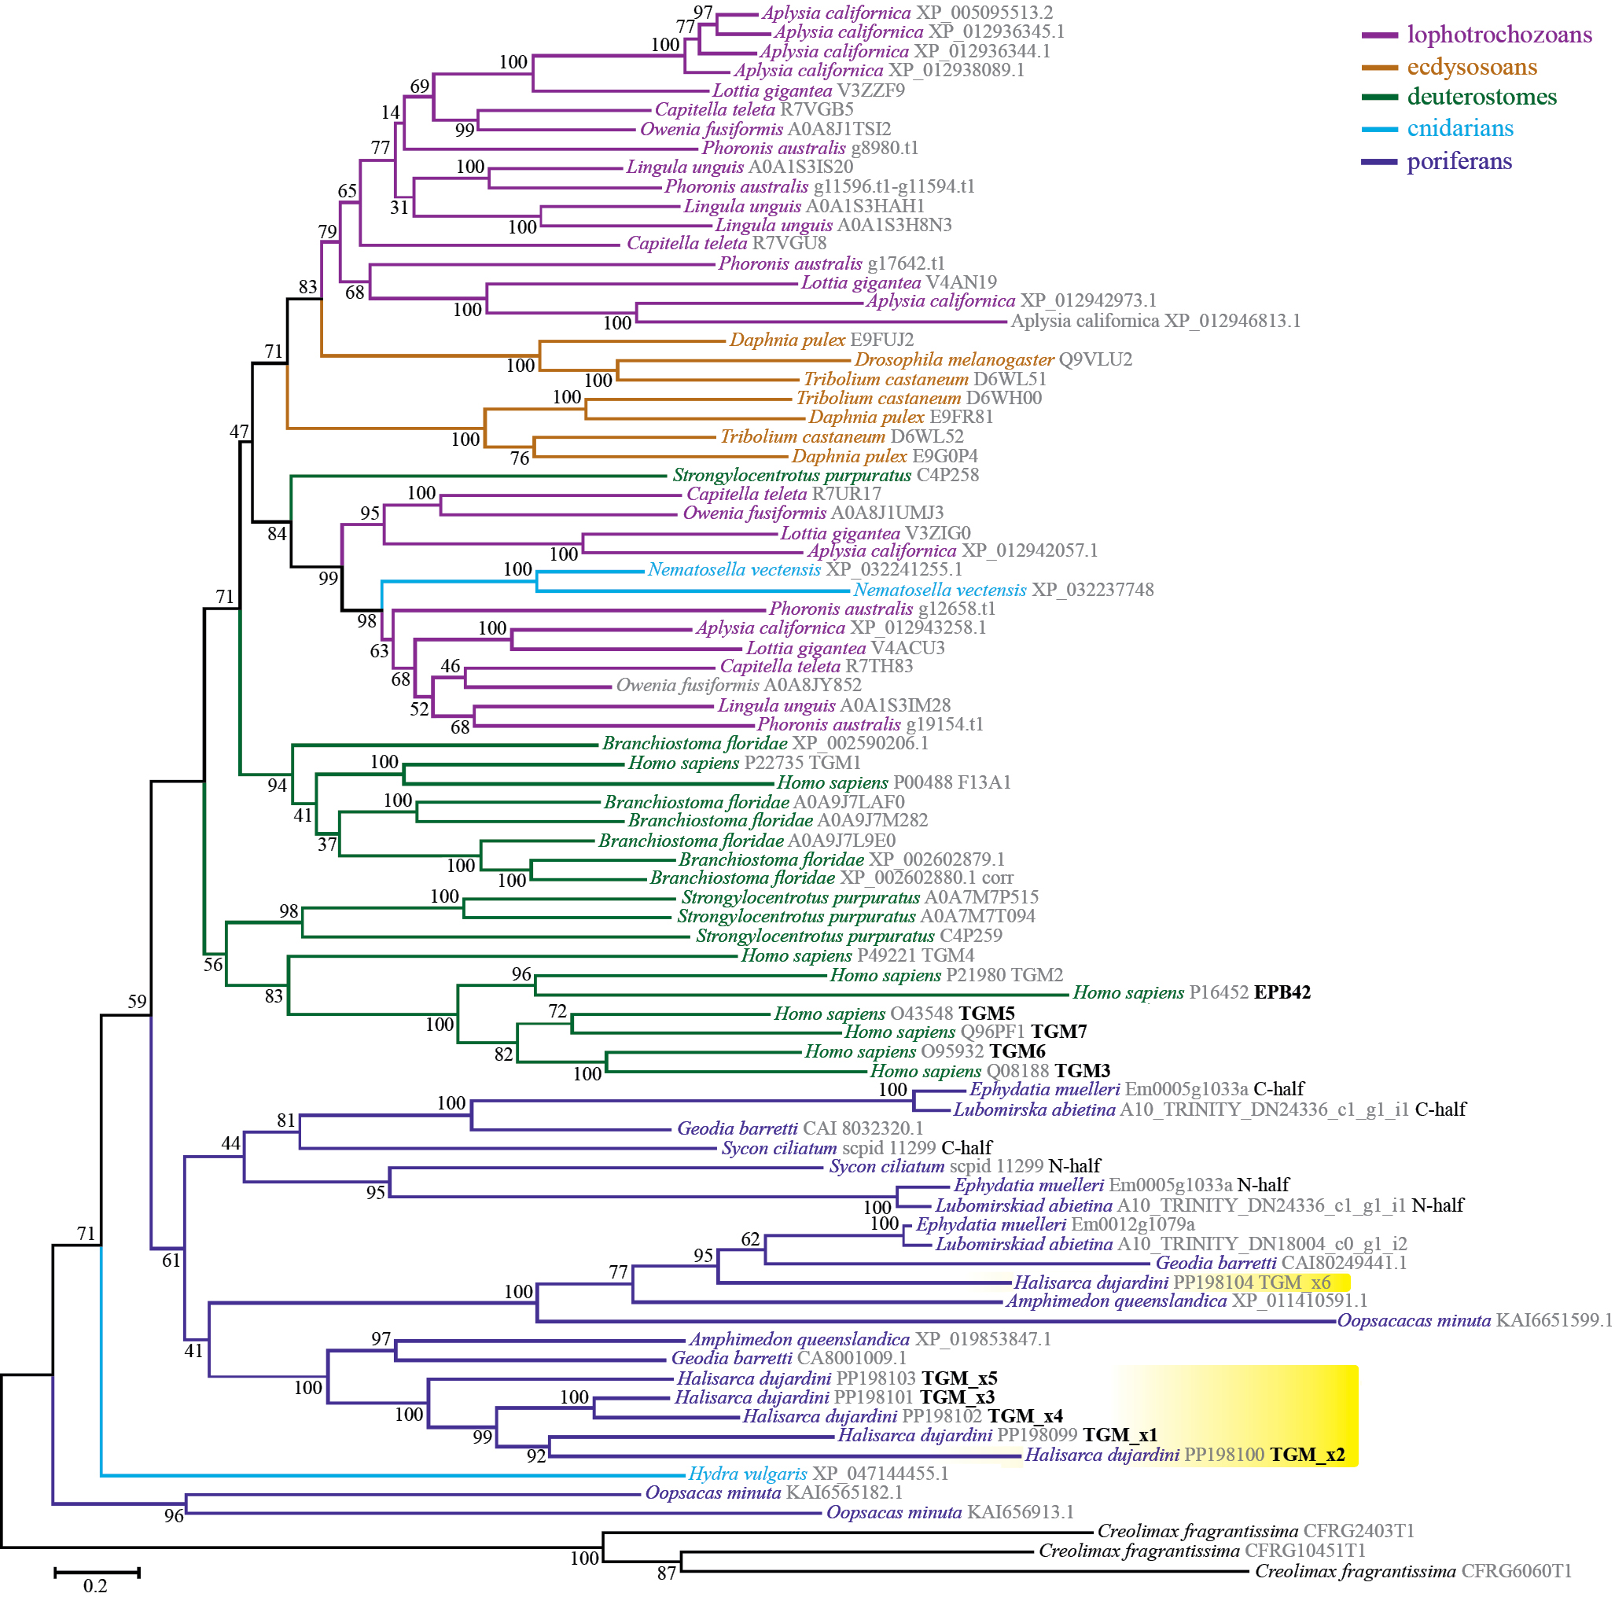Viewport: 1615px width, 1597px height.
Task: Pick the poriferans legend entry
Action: pyautogui.click(x=1459, y=161)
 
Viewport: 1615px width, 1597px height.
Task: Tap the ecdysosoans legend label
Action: pyautogui.click(x=1471, y=67)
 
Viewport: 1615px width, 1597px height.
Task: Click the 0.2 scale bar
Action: pyautogui.click(x=96, y=1573)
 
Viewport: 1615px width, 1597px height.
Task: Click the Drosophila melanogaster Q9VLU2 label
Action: pyautogui.click(x=992, y=359)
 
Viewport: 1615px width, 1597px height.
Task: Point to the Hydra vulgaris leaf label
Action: pyautogui.click(x=818, y=1474)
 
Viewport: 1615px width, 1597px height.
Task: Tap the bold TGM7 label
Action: pyautogui.click(x=1058, y=1032)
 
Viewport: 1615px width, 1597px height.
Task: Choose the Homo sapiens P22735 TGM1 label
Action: pyautogui.click(x=744, y=763)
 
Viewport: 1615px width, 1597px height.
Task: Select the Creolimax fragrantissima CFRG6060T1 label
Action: pyautogui.click(x=1413, y=1571)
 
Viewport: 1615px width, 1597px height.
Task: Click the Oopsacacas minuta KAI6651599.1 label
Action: pyautogui.click(x=1474, y=1321)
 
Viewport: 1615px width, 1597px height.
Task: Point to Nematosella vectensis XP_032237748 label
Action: pyautogui.click(x=1003, y=591)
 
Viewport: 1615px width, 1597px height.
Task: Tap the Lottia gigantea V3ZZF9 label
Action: pyautogui.click(x=808, y=91)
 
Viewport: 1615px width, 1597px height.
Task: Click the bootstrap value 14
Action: pyautogui.click(x=390, y=112)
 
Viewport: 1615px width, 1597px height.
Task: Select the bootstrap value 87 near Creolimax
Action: pyautogui.click(x=666, y=1573)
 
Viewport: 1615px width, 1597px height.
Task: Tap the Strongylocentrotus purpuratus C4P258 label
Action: pyautogui.click(x=825, y=476)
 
